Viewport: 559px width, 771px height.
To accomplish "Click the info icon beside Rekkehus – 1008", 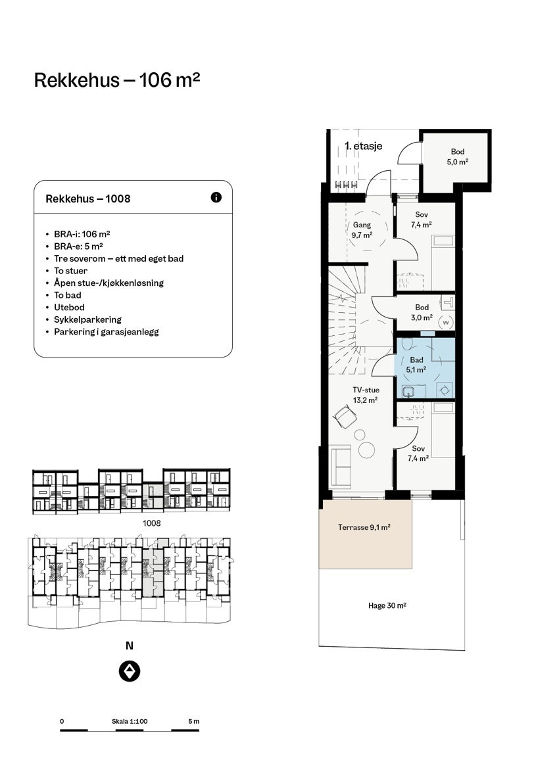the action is pyautogui.click(x=216, y=197).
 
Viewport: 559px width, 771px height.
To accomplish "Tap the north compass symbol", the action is pyautogui.click(x=130, y=671).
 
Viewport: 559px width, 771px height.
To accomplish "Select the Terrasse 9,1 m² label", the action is pyautogui.click(x=364, y=527).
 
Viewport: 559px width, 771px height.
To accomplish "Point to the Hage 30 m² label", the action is pyautogui.click(x=387, y=606).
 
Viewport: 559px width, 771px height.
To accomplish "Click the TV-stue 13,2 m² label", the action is pyautogui.click(x=366, y=395).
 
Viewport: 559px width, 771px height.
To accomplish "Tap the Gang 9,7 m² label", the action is pyautogui.click(x=362, y=229).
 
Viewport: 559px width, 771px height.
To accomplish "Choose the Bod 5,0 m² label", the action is pyautogui.click(x=458, y=156).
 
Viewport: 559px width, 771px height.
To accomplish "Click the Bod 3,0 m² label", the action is pyautogui.click(x=422, y=312).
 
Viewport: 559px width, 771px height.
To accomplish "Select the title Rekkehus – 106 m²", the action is pyautogui.click(x=117, y=80).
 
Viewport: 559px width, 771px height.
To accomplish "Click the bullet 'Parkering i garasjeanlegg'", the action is pyautogui.click(x=107, y=332).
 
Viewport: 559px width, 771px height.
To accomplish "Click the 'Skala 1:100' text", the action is pyautogui.click(x=130, y=721).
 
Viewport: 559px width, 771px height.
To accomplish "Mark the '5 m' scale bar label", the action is pyautogui.click(x=194, y=721).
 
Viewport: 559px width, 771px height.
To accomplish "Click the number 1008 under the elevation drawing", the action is pyautogui.click(x=151, y=523).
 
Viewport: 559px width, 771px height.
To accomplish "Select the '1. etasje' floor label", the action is pyautogui.click(x=363, y=146).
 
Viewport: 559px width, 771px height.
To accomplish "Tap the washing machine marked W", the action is pyautogui.click(x=447, y=323).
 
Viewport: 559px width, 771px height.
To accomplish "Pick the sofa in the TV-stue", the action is pyautogui.click(x=340, y=465).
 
